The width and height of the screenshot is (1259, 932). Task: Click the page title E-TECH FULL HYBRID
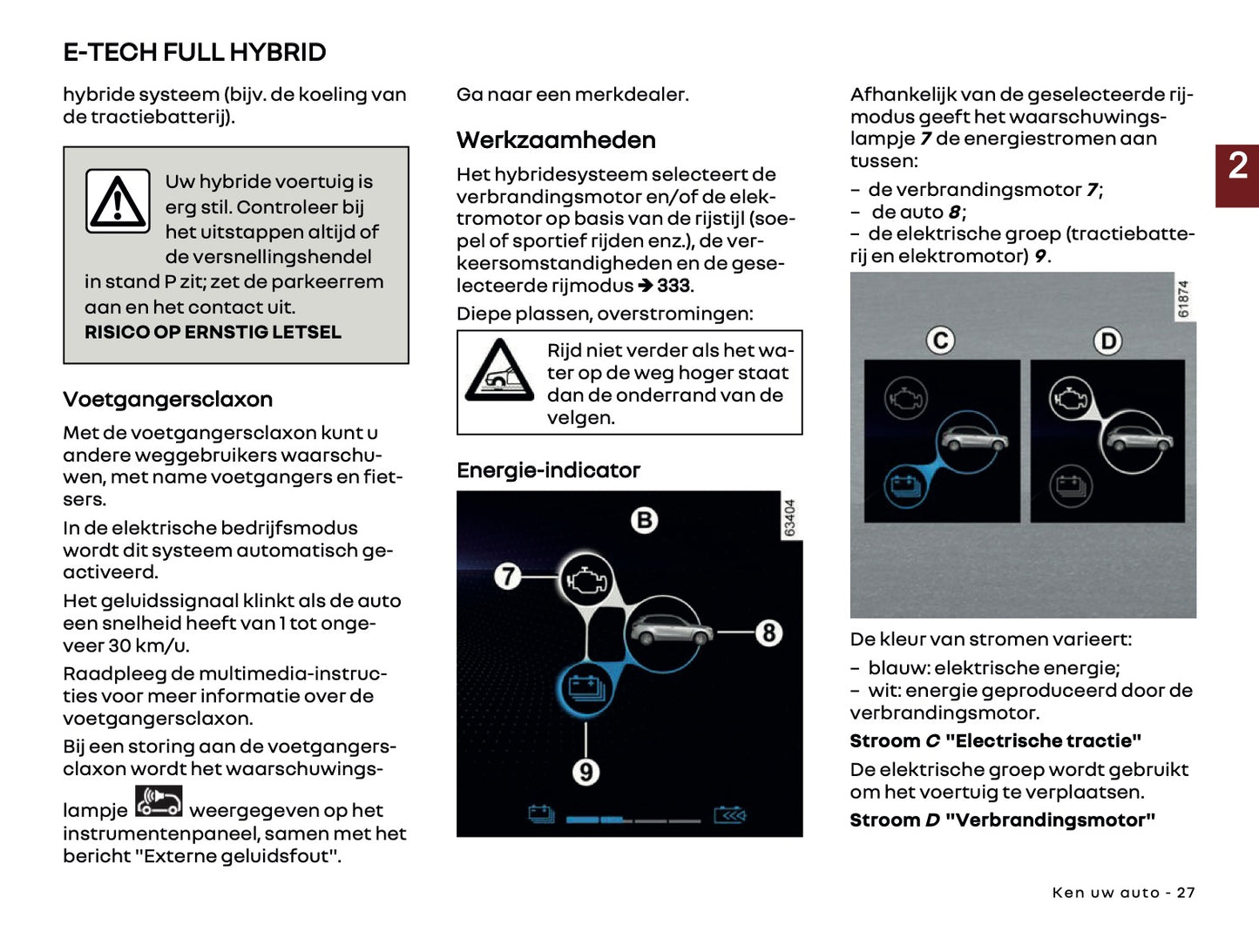coord(194,52)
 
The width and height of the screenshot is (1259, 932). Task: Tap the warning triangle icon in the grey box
coord(118,201)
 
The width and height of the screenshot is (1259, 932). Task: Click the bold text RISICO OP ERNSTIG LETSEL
coord(213,332)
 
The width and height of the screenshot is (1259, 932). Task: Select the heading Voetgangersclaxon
coord(167,400)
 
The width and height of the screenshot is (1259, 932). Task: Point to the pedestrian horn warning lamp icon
coord(159,801)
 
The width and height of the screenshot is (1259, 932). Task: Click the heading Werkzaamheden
coord(556,140)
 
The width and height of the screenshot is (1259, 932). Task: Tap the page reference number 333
coord(673,286)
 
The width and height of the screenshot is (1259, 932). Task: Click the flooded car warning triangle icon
coord(499,371)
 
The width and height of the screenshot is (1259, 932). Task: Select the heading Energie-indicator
coord(548,470)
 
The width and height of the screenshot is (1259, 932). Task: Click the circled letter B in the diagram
coord(644,520)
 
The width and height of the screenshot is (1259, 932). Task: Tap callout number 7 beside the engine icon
coord(507,577)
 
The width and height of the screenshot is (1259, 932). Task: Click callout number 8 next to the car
coord(768,632)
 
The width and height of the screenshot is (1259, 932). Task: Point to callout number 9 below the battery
coord(586,772)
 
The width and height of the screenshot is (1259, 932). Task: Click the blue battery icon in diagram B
coord(586,689)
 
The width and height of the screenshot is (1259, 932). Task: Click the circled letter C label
coord(940,341)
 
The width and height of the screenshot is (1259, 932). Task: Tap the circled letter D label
coord(1107,341)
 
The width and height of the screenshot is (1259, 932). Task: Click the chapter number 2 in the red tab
coord(1237,166)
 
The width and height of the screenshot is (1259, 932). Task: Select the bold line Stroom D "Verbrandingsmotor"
coord(1002,821)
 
